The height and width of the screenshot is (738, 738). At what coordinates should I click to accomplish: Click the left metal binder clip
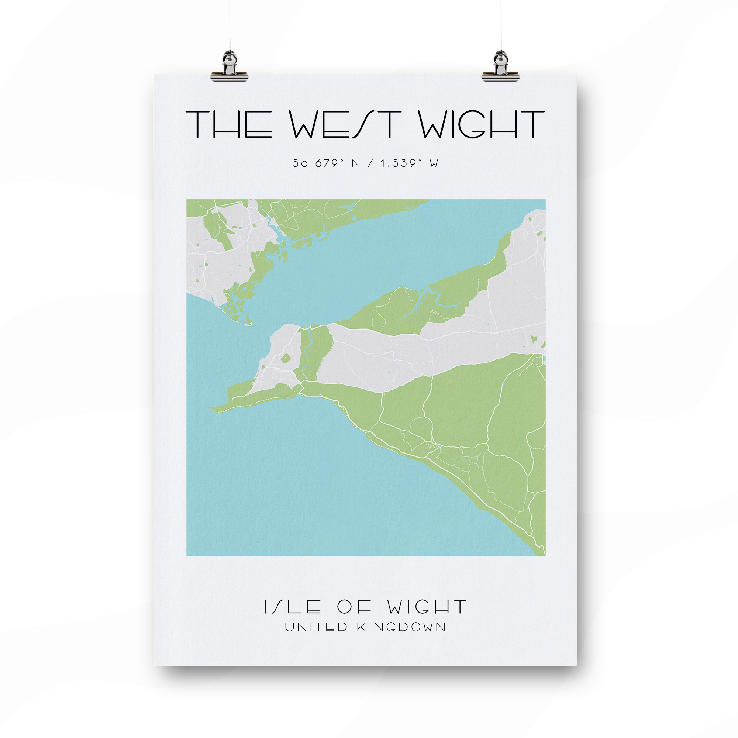click(x=229, y=68)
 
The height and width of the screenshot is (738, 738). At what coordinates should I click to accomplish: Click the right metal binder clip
click(x=500, y=68)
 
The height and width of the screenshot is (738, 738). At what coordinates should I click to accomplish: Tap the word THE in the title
click(x=229, y=124)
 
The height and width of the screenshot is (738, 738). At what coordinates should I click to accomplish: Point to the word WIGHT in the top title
click(x=481, y=124)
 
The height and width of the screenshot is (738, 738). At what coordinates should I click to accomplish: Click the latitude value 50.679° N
click(x=326, y=163)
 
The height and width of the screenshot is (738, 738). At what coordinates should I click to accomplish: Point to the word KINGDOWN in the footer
click(x=401, y=627)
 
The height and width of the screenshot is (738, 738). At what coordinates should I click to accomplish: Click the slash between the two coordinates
click(x=370, y=163)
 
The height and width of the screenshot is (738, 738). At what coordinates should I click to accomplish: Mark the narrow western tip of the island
click(x=210, y=409)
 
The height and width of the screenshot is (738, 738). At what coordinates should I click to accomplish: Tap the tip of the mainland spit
click(x=250, y=325)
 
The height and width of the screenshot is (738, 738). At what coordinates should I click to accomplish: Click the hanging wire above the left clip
click(x=230, y=23)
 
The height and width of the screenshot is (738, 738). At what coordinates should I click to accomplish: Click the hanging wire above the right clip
click(x=501, y=23)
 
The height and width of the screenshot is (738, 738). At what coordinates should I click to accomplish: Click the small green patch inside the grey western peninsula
click(x=285, y=358)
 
